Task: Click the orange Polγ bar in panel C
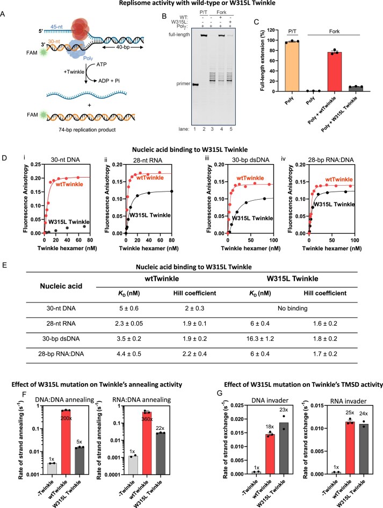(292, 66)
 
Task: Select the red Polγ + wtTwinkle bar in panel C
(335, 72)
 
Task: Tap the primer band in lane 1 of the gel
(195, 84)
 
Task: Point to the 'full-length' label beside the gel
(179, 34)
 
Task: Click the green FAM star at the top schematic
(43, 52)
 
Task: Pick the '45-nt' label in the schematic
(56, 26)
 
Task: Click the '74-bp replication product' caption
(87, 130)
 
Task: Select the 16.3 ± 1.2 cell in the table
(260, 338)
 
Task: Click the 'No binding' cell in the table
(292, 308)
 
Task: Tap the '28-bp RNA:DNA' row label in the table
(61, 354)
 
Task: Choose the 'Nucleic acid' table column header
(61, 286)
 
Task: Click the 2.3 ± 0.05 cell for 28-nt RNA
(129, 323)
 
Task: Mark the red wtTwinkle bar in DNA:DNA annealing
(66, 442)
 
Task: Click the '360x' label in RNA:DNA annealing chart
(147, 419)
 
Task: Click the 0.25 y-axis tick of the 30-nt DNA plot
(35, 165)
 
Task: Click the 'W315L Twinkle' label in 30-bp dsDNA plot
(252, 218)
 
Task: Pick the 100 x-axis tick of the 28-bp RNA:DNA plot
(355, 240)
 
